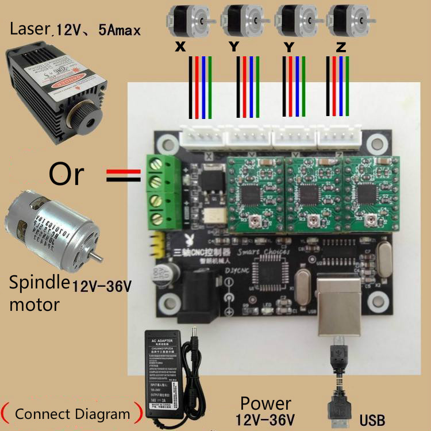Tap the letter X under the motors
pyautogui.click(x=180, y=49)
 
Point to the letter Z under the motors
pyautogui.click(x=340, y=49)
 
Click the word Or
pyautogui.click(x=67, y=174)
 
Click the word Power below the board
pyautogui.click(x=265, y=404)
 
